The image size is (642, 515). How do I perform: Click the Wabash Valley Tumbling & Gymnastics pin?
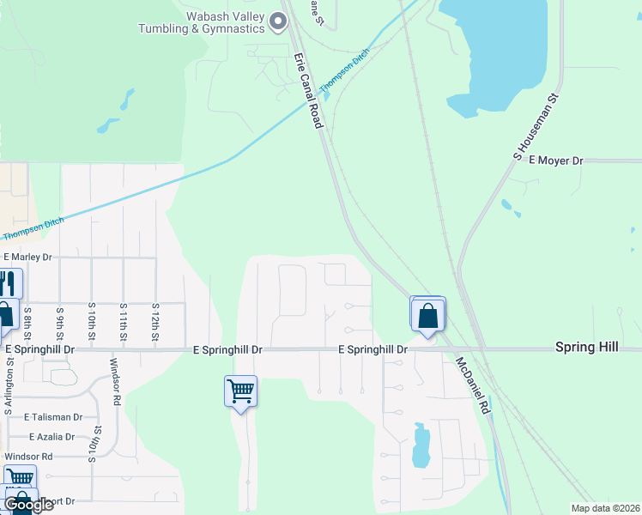tap(277, 21)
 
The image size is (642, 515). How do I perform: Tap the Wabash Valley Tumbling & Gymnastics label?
tap(202, 22)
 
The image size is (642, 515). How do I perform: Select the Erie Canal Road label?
tap(307, 90)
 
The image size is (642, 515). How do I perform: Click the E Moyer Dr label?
tap(555, 161)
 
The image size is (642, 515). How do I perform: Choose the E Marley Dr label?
tap(27, 257)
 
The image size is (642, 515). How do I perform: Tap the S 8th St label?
tap(27, 321)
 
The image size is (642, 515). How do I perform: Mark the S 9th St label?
tap(59, 321)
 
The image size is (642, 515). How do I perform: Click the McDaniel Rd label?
tap(472, 386)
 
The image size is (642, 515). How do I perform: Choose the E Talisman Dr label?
tap(53, 416)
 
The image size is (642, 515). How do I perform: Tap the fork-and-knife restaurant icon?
tap(8, 283)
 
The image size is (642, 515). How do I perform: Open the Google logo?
tap(27, 505)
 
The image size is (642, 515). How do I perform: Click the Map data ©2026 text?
tap(605, 508)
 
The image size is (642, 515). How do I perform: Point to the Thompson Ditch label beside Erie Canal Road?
tap(345, 71)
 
